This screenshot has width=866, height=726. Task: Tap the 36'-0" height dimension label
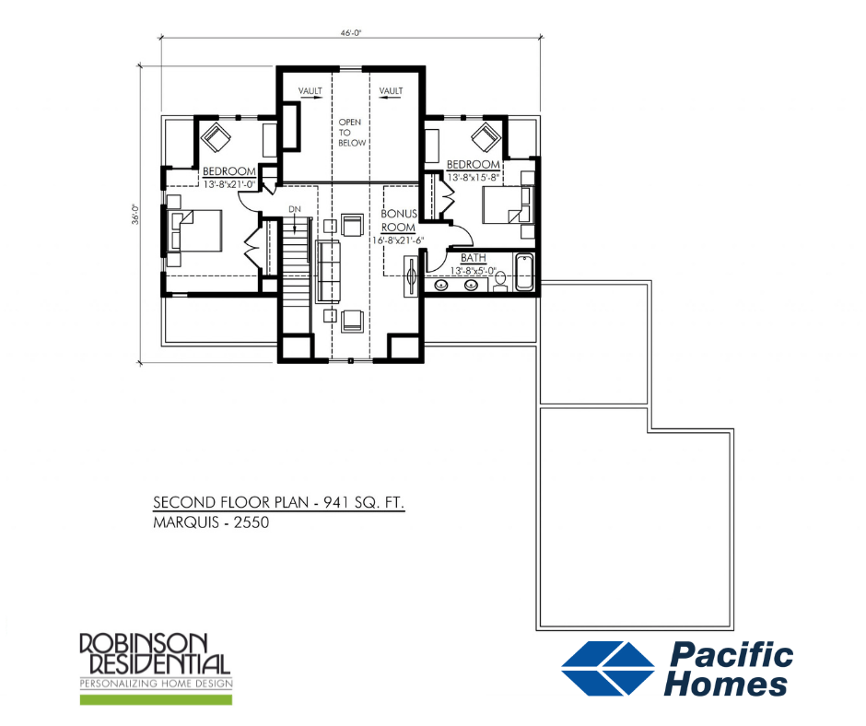pos(135,215)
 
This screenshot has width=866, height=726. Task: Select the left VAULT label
pos(309,90)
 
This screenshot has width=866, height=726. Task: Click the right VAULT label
pos(391,90)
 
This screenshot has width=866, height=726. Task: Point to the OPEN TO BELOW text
pos(351,132)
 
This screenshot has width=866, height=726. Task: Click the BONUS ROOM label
pos(400,219)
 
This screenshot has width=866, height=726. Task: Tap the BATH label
pos(474,258)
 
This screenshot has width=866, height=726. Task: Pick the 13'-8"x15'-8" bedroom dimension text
pos(474,176)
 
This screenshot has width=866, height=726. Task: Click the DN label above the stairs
pos(294,210)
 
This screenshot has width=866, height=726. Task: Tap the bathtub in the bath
pos(525,273)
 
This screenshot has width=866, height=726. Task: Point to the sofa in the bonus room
pos(326,271)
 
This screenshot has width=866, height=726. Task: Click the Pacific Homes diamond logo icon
pos(609,668)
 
